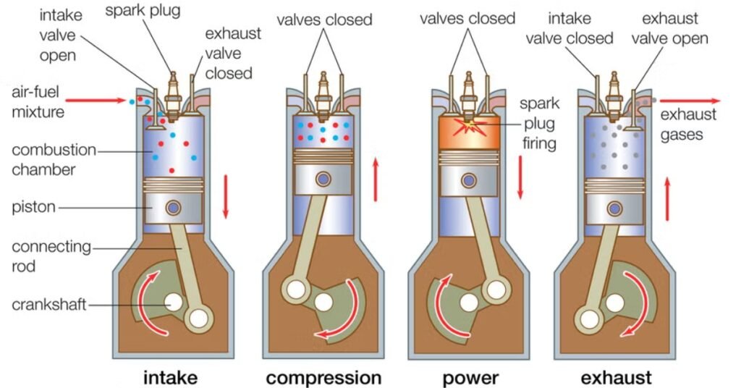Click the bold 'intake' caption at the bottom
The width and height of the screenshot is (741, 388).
click(x=170, y=377)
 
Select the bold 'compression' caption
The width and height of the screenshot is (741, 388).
click(x=323, y=377)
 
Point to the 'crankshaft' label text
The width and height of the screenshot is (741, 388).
click(x=48, y=305)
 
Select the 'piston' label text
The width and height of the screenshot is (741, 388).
click(x=34, y=208)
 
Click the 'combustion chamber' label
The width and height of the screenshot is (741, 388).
click(x=53, y=159)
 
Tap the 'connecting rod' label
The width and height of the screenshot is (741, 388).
click(x=50, y=256)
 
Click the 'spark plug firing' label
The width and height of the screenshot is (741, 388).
click(x=538, y=123)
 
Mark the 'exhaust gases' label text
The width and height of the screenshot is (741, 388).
click(x=687, y=124)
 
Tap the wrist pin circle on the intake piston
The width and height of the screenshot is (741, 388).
click(x=172, y=208)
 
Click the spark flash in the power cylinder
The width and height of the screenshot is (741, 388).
click(x=471, y=125)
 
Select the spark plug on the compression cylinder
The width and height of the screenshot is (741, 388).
click(x=323, y=93)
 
